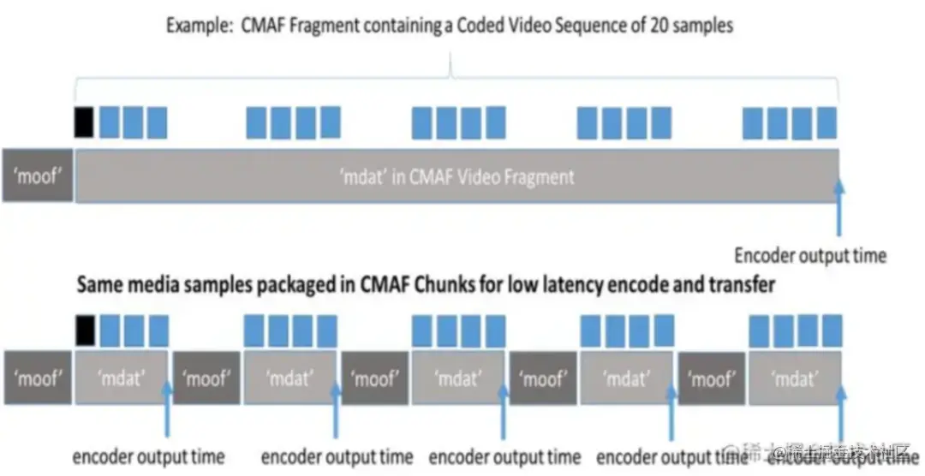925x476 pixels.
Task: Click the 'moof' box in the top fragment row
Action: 37,176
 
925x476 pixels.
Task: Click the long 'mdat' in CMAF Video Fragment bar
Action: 456,176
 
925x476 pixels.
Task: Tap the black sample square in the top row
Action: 84,122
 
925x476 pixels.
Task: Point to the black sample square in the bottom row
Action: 84,330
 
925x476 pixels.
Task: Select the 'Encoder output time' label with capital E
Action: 809,255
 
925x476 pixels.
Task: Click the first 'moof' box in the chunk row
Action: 37,378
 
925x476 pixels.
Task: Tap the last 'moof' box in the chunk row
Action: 712,378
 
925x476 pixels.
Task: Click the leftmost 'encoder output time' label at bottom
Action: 147,456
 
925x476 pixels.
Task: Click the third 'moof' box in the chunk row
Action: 375,378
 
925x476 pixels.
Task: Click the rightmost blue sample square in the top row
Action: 827,122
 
